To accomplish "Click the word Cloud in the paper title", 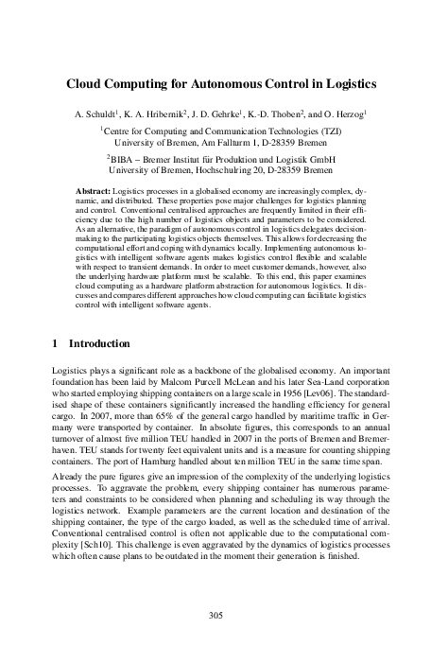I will pos(87,83).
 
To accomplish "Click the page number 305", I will pos(215,615).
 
